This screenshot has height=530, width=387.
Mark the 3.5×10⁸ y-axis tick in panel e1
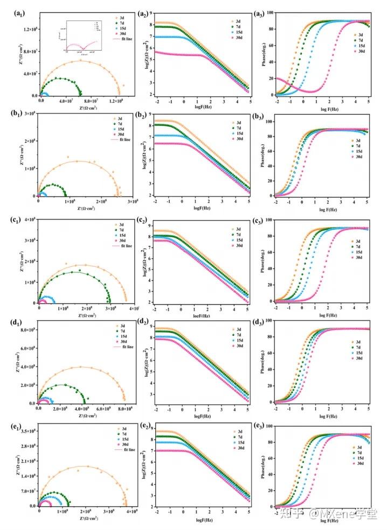click(x=27, y=432)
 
